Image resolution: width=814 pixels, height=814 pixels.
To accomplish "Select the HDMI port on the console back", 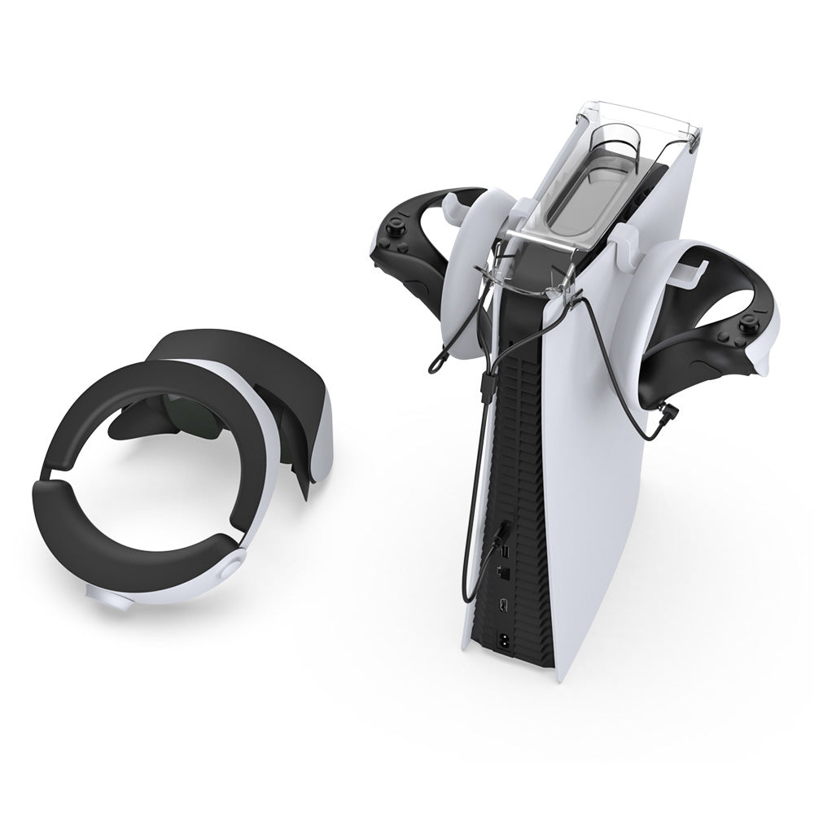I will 505,606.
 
